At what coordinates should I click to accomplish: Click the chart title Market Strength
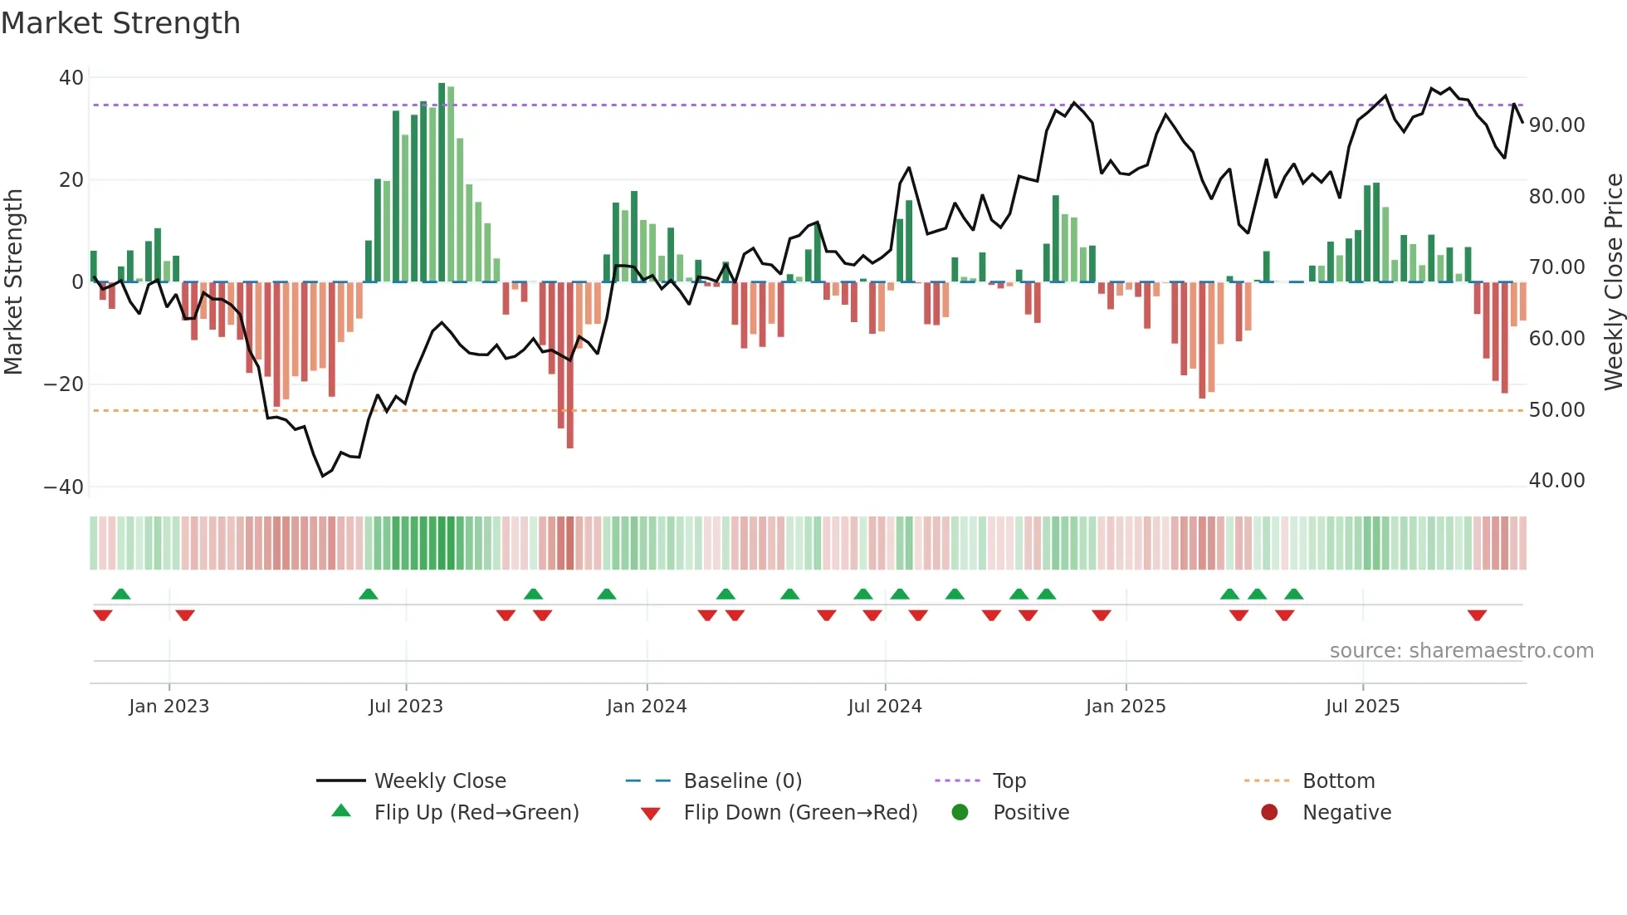[120, 23]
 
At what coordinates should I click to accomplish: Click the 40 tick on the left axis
[71, 78]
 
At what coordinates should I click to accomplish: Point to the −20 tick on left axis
[64, 384]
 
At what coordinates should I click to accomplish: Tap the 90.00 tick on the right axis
[1556, 125]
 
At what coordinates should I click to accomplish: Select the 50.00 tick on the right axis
[1556, 410]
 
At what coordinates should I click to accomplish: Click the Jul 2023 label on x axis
[406, 707]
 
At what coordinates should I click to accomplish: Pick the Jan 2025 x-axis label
[1126, 707]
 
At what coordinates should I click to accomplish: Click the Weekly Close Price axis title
[1613, 281]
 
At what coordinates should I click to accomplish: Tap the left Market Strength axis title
[13, 281]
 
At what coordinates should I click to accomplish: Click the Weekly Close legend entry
[439, 781]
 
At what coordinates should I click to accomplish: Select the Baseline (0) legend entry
[742, 781]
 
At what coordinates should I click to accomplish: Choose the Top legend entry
[1009, 781]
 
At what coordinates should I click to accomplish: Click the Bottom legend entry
[1338, 781]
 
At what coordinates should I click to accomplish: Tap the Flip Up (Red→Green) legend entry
[476, 813]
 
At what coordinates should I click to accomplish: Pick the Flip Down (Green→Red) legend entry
[800, 813]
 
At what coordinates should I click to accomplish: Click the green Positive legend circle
[960, 813]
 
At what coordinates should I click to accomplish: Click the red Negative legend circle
[1269, 813]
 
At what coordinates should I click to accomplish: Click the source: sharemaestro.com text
[1461, 651]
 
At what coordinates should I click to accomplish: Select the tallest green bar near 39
[442, 183]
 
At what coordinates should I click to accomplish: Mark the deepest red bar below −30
[570, 365]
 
